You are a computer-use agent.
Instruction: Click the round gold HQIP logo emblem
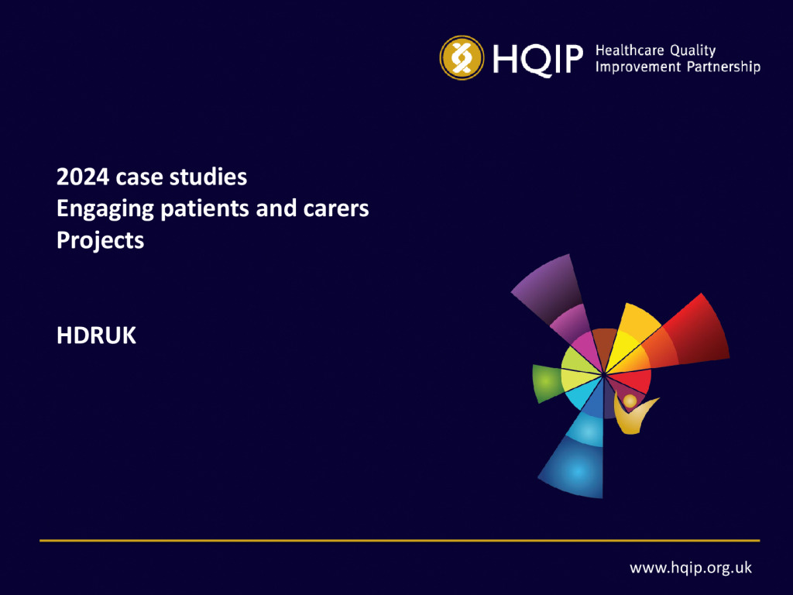coord(462,57)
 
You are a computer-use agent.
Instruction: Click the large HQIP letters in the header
coord(538,59)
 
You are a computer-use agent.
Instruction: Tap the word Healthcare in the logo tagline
coord(630,50)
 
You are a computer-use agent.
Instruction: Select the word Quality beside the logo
coord(693,51)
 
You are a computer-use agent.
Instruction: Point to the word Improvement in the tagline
coord(638,67)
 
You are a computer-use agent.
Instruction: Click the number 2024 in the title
coord(82,177)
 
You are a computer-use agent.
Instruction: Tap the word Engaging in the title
coord(105,209)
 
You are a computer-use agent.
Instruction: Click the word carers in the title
coord(336,209)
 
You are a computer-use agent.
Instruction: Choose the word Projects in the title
coord(100,241)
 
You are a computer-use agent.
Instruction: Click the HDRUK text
coord(96,335)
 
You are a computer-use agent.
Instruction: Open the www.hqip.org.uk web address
coord(690,568)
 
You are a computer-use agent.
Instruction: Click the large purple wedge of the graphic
coord(547,287)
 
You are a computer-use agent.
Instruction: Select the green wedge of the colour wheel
coord(547,383)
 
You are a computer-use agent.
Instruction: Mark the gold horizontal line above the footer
coord(400,540)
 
